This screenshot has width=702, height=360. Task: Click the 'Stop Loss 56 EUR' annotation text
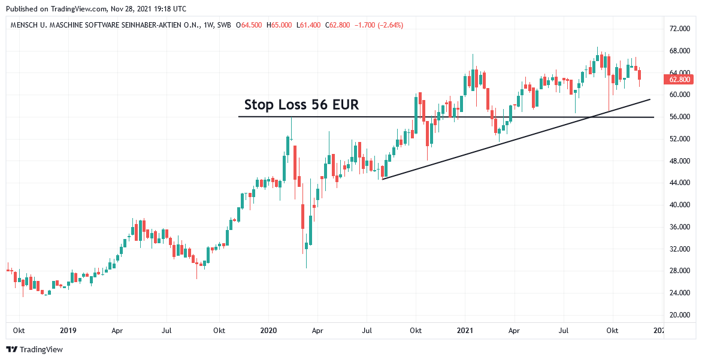pyautogui.click(x=301, y=105)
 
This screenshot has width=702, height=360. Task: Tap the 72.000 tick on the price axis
pyautogui.click(x=680, y=29)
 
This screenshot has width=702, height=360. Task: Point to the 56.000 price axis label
pyautogui.click(x=680, y=117)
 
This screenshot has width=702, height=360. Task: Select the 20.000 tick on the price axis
pyautogui.click(x=680, y=315)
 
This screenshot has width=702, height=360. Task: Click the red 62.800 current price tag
pyautogui.click(x=680, y=79)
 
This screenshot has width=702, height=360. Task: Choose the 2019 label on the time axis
pyautogui.click(x=68, y=330)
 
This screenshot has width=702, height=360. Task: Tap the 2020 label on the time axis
pyautogui.click(x=268, y=330)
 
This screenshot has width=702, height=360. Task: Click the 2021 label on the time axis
pyautogui.click(x=465, y=330)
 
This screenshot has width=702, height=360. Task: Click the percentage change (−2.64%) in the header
pyautogui.click(x=388, y=25)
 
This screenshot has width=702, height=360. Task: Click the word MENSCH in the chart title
pyautogui.click(x=27, y=25)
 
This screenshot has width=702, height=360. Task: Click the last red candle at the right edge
pyautogui.click(x=640, y=75)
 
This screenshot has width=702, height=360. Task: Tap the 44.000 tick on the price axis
pyautogui.click(x=680, y=183)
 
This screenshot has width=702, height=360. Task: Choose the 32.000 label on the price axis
pyautogui.click(x=680, y=249)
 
